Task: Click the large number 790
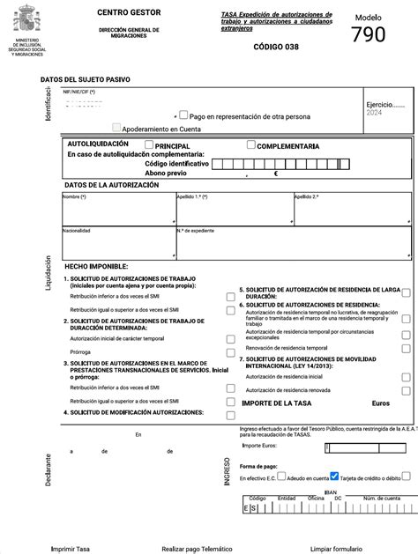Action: (369, 35)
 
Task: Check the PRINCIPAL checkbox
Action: (148, 145)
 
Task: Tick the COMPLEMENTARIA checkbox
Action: (251, 145)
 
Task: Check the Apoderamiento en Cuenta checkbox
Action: (116, 128)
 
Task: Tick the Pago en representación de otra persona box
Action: (183, 114)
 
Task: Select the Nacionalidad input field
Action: (118, 244)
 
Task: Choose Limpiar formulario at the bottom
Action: (342, 548)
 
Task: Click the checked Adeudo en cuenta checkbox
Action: (334, 475)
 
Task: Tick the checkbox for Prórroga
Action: (229, 351)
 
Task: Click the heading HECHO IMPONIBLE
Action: (96, 266)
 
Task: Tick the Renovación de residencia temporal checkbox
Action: (406, 349)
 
